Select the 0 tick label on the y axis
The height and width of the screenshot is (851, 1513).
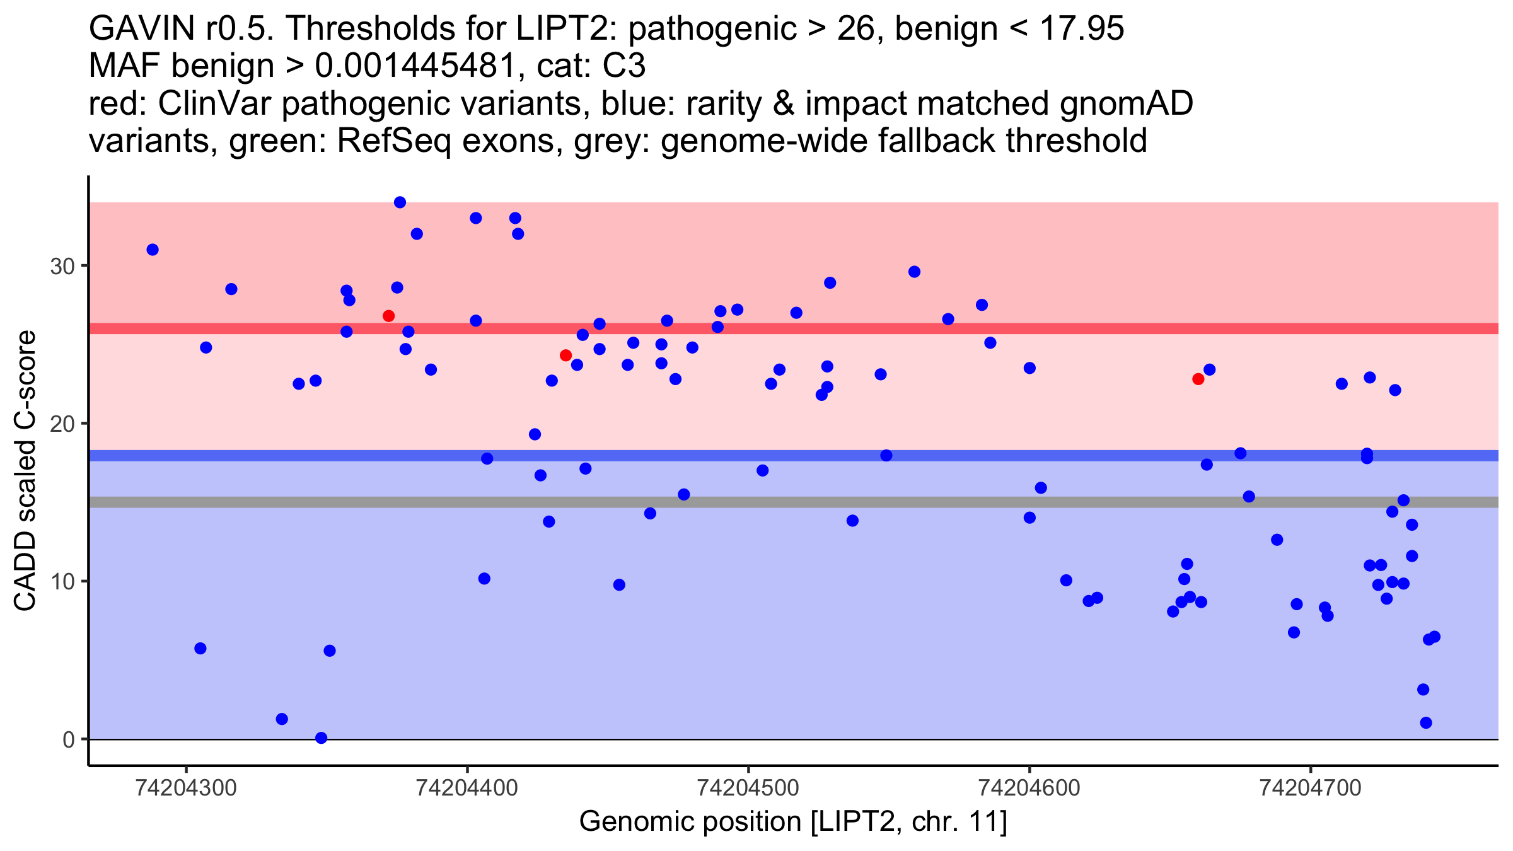[69, 739]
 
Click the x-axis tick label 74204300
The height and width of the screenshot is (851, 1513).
[186, 788]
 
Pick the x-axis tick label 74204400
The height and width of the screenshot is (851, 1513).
[467, 788]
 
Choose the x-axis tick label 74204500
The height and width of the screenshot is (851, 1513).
[748, 788]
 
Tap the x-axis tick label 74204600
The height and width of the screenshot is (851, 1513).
[1029, 788]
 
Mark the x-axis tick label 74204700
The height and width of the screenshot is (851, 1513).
[1311, 788]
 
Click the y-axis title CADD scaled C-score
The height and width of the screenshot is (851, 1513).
[25, 471]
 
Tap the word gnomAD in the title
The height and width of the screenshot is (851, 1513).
[1126, 103]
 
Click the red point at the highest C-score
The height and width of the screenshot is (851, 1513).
[388, 316]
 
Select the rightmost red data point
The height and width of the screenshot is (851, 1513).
[1198, 379]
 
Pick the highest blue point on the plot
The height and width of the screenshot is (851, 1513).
[400, 202]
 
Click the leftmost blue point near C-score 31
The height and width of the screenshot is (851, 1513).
[153, 250]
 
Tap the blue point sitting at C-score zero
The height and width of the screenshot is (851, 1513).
[321, 738]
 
